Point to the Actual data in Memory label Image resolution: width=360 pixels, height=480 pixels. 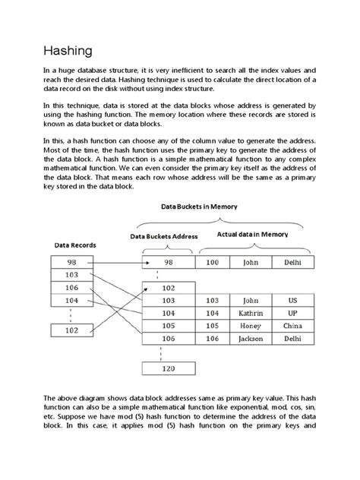(x=252, y=235)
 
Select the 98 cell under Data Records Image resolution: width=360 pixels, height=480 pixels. (x=72, y=262)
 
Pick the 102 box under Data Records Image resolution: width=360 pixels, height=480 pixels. (x=72, y=330)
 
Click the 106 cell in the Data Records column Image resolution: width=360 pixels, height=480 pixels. (x=72, y=287)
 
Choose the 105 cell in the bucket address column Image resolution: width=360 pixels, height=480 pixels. (x=168, y=325)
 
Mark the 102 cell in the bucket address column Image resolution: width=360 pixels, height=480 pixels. (x=168, y=288)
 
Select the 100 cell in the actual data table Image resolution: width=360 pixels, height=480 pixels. (x=212, y=262)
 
